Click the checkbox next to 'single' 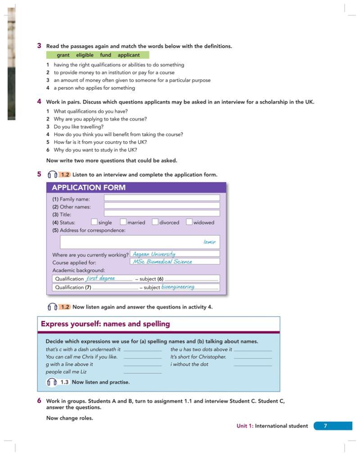click(x=94, y=222)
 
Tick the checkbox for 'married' click(x=123, y=222)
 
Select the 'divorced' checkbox click(x=155, y=222)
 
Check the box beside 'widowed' click(x=189, y=222)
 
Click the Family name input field click(x=162, y=198)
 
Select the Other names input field click(x=162, y=206)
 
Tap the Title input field click(x=162, y=213)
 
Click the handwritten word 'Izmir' click(x=209, y=242)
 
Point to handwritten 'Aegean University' click(x=154, y=254)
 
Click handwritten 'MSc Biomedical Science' click(x=162, y=261)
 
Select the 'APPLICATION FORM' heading click(x=89, y=188)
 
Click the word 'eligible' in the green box click(x=85, y=55)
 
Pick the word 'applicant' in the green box click(x=129, y=55)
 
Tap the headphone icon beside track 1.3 click(x=52, y=382)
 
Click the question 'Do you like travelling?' click(x=78, y=127)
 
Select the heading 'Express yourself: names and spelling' click(x=105, y=324)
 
